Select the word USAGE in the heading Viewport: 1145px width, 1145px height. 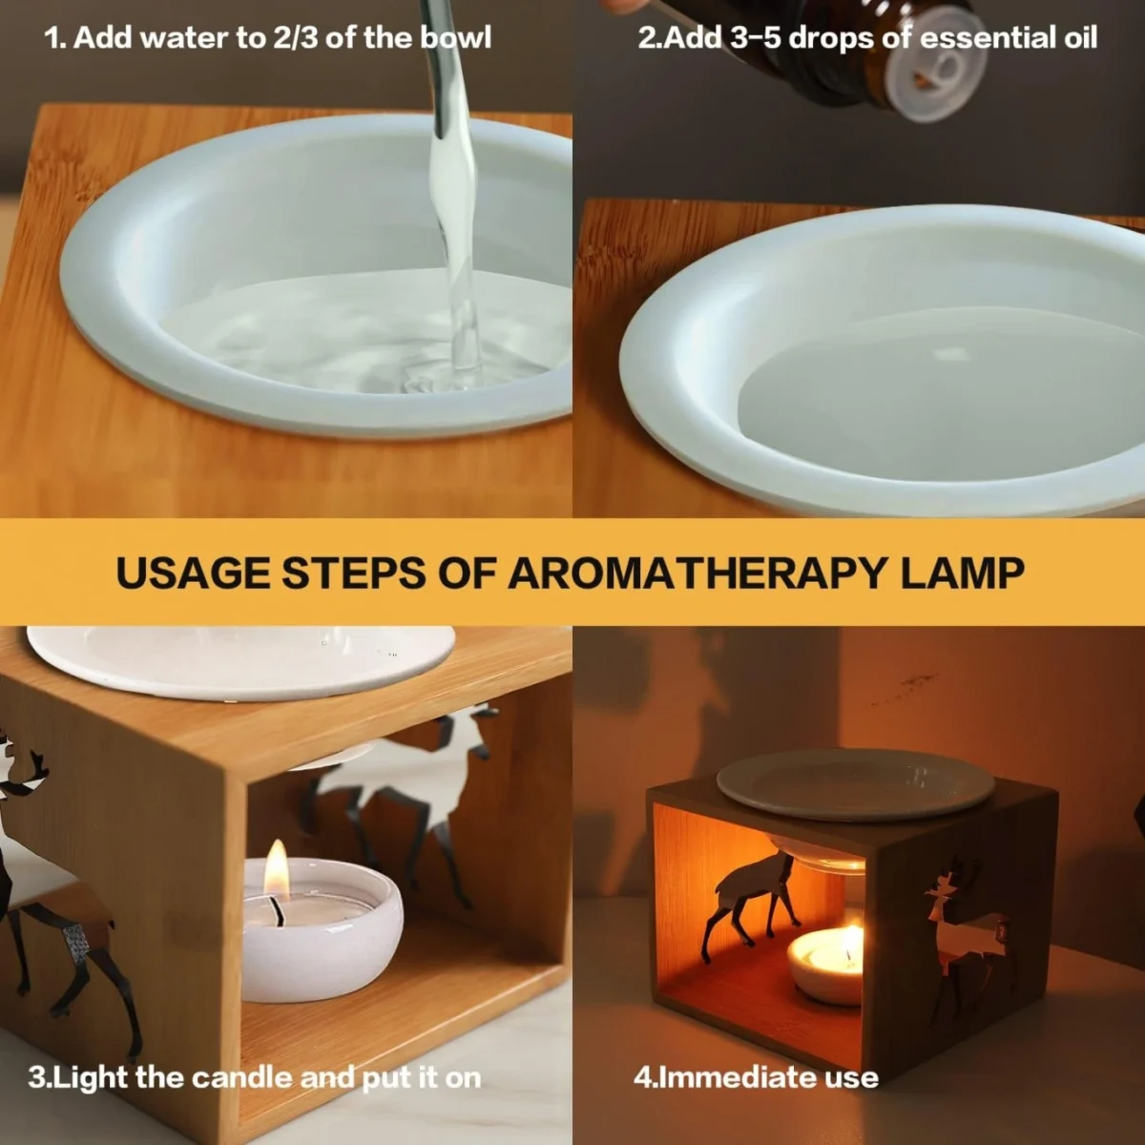click(x=193, y=572)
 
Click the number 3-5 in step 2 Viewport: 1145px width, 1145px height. click(x=755, y=38)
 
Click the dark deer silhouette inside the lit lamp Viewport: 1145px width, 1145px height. click(x=750, y=904)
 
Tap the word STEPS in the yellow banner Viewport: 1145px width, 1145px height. click(x=354, y=572)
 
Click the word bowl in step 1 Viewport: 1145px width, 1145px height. click(x=455, y=37)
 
